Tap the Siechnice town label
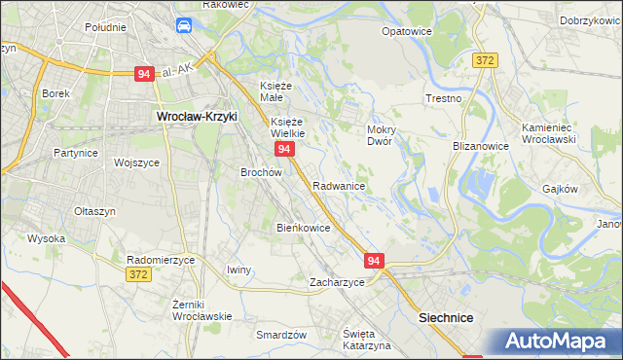[445, 317]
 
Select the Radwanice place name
[339, 185]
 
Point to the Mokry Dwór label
[379, 135]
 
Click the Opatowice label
[406, 31]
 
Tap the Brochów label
[261, 172]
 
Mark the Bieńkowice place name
[304, 228]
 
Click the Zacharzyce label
[337, 282]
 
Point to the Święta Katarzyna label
[366, 340]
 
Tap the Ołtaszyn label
[95, 210]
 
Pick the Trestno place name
[443, 99]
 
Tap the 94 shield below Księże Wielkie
[284, 149]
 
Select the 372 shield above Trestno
[486, 60]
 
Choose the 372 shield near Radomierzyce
[138, 276]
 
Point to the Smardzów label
[281, 334]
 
